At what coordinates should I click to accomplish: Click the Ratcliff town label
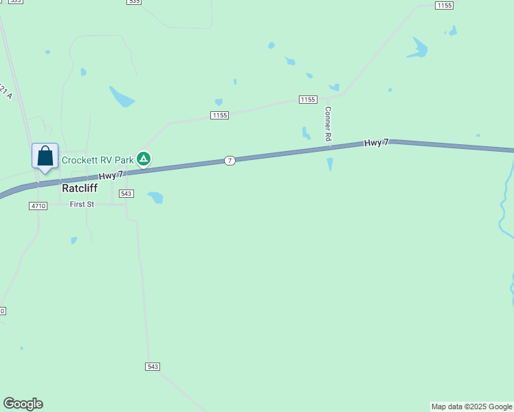point(80,188)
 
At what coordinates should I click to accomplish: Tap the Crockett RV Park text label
point(98,160)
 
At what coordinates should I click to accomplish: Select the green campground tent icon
point(144,159)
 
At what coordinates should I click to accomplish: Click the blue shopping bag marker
point(45,156)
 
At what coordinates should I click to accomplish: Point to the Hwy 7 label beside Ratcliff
point(110,176)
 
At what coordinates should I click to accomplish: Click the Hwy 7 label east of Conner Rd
point(377,143)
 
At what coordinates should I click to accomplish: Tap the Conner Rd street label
point(328,124)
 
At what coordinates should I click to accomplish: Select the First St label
point(81,205)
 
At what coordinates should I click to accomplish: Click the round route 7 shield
point(230,160)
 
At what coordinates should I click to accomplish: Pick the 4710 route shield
point(38,206)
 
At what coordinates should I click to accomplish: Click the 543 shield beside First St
point(126,194)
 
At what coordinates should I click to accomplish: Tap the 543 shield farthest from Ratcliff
point(153,367)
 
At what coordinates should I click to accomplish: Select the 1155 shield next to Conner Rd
point(307,100)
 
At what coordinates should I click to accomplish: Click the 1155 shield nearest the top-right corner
point(445,5)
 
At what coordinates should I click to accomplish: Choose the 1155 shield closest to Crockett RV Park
point(219,115)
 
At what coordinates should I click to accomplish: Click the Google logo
point(23,404)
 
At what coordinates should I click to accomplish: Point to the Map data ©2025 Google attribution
point(471,407)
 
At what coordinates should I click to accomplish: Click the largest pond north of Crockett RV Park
point(122,97)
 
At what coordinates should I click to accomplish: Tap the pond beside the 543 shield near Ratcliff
point(155,197)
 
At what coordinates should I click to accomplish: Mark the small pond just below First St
point(74,240)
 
